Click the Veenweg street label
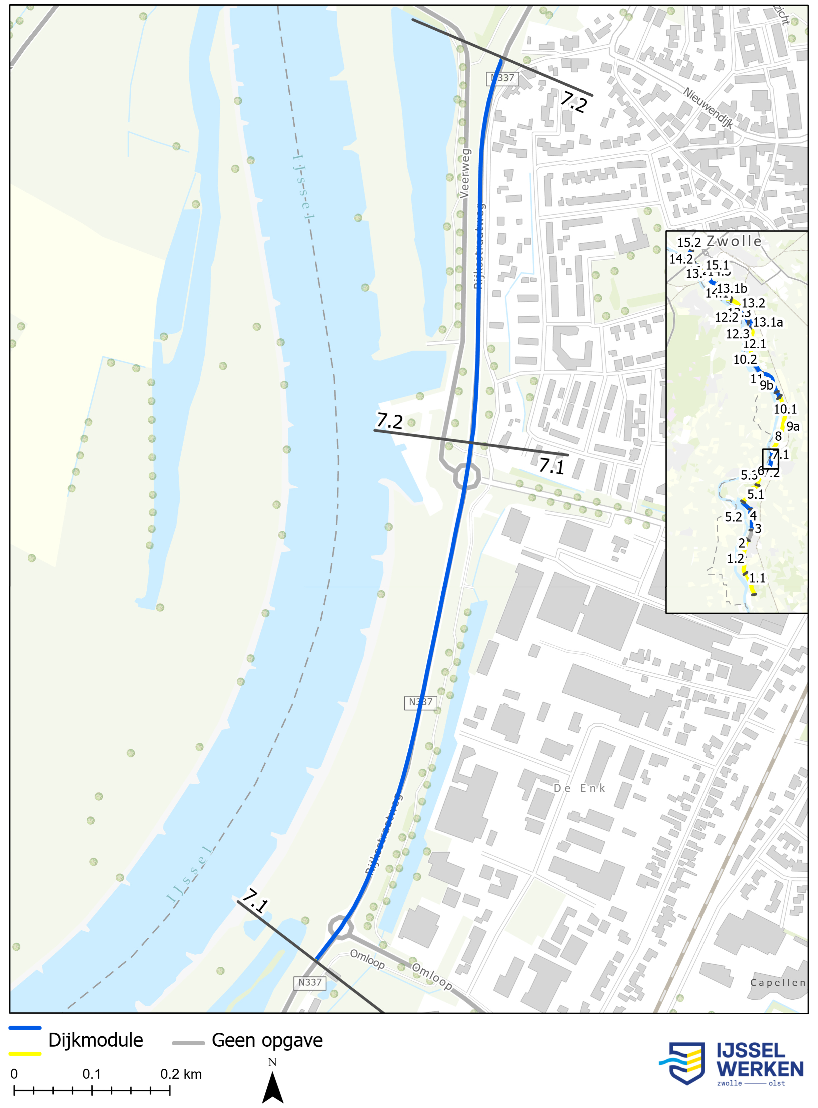(x=464, y=174)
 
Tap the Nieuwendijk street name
(x=708, y=108)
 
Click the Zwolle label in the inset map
(x=734, y=241)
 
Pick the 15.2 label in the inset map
(x=689, y=243)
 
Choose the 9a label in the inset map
(x=793, y=426)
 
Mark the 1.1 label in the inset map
(x=757, y=578)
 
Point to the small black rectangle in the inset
(x=770, y=459)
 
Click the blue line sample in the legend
(x=25, y=1028)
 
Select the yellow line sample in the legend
(x=25, y=1054)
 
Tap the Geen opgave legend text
(x=267, y=1041)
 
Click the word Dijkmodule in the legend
(x=96, y=1041)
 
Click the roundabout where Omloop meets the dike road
(x=341, y=927)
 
